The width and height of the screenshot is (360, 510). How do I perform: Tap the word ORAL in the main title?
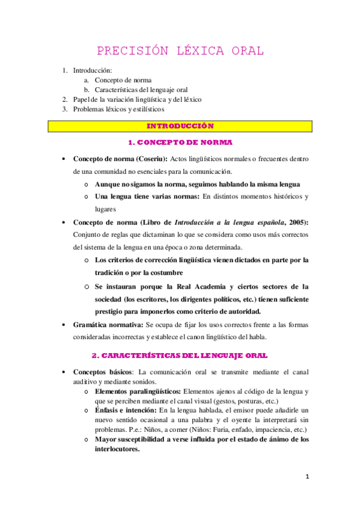pyautogui.click(x=248, y=51)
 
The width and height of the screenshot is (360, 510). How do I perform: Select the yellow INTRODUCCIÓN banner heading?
pyautogui.click(x=180, y=126)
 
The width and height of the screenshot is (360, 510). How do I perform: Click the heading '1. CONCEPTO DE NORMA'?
pyautogui.click(x=180, y=143)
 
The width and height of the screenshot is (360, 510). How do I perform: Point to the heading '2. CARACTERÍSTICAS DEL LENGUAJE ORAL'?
pyautogui.click(x=180, y=356)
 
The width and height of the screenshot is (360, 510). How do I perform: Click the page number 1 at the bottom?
pyautogui.click(x=307, y=477)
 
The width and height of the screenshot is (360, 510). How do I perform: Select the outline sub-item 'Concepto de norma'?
pyautogui.click(x=123, y=79)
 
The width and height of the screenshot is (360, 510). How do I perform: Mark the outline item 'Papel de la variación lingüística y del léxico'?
pyautogui.click(x=137, y=99)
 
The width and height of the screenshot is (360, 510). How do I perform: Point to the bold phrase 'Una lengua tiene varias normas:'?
pyautogui.click(x=147, y=197)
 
